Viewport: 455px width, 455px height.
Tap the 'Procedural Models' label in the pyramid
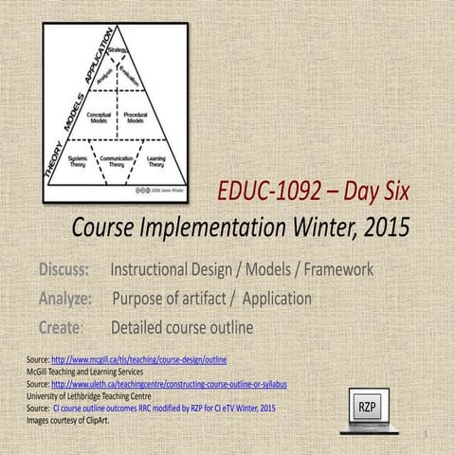click(x=136, y=118)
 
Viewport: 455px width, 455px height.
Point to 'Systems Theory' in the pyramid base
click(x=79, y=161)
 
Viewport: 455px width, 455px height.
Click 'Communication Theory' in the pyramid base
click(x=118, y=161)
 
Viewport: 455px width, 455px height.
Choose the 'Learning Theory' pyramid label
click(x=156, y=161)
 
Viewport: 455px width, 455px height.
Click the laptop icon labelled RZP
click(x=366, y=408)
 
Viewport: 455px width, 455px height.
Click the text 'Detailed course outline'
click(x=182, y=329)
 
